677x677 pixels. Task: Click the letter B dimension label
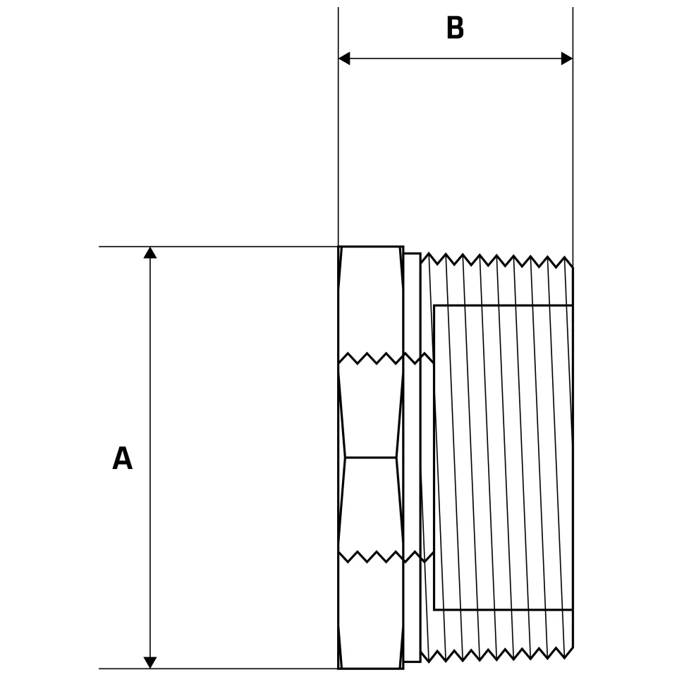455,29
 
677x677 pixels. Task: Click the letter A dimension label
122,459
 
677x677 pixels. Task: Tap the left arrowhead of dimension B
344,59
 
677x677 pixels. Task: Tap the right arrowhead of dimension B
567,59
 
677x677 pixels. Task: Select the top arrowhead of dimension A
150,252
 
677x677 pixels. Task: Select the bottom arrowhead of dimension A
150,662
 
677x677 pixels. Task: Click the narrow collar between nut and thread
413,458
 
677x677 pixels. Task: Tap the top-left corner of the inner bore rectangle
434,306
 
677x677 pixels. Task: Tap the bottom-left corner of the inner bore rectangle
434,609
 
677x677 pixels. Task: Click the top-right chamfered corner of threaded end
570,262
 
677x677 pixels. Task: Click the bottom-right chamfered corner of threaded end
570,652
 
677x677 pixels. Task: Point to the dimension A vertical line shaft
150,353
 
